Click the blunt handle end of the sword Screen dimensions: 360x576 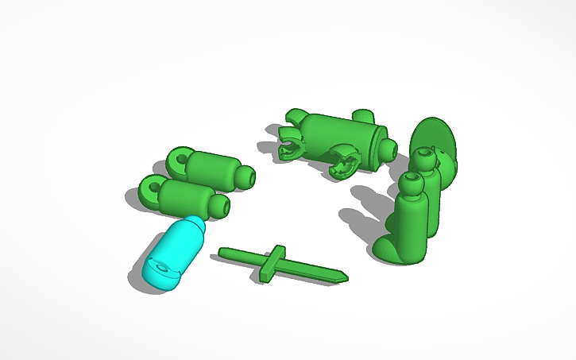click(223, 254)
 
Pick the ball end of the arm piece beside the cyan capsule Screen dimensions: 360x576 click(220, 207)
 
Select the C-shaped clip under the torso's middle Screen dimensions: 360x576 click(344, 161)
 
